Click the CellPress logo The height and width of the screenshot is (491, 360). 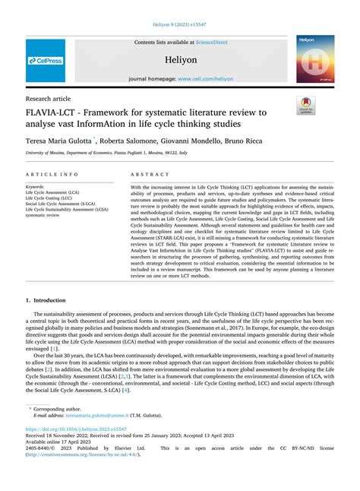(x=46, y=59)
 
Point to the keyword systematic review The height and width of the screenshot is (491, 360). (x=43, y=214)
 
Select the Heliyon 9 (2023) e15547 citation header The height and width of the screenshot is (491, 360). (x=179, y=24)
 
